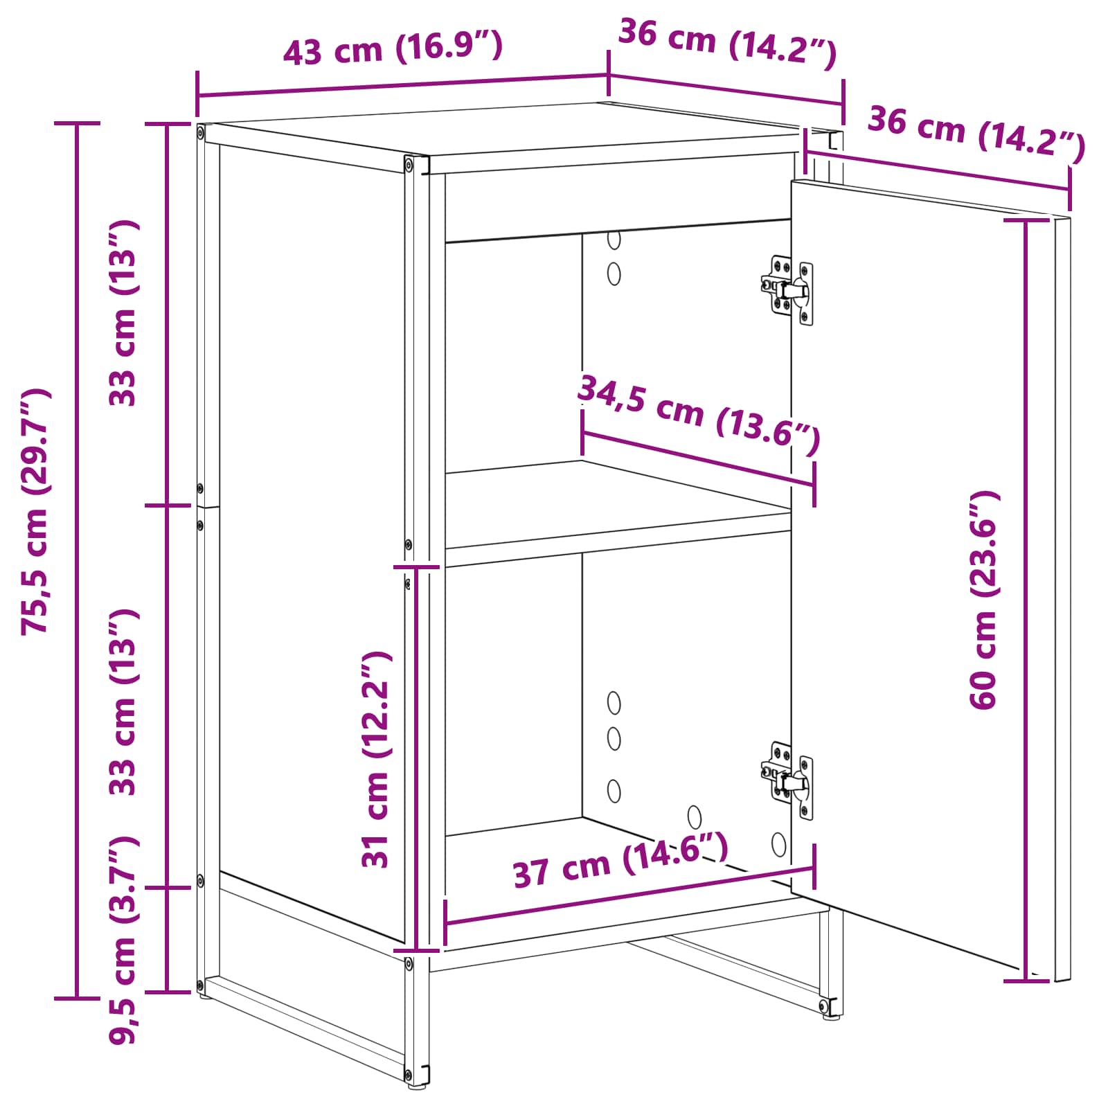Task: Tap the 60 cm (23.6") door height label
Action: coord(984,600)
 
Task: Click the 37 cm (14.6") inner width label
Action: coord(620,860)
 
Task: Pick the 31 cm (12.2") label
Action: coord(377,760)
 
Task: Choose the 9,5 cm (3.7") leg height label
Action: coord(124,939)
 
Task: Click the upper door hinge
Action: coord(787,289)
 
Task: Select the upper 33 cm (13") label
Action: coord(124,313)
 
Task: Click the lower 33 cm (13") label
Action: coord(124,702)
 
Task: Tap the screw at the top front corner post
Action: coord(409,165)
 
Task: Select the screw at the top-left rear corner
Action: coord(201,132)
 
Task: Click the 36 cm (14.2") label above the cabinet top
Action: coord(727,43)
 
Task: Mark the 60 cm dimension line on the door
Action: coord(1026,600)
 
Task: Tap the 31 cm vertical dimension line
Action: coord(415,759)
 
